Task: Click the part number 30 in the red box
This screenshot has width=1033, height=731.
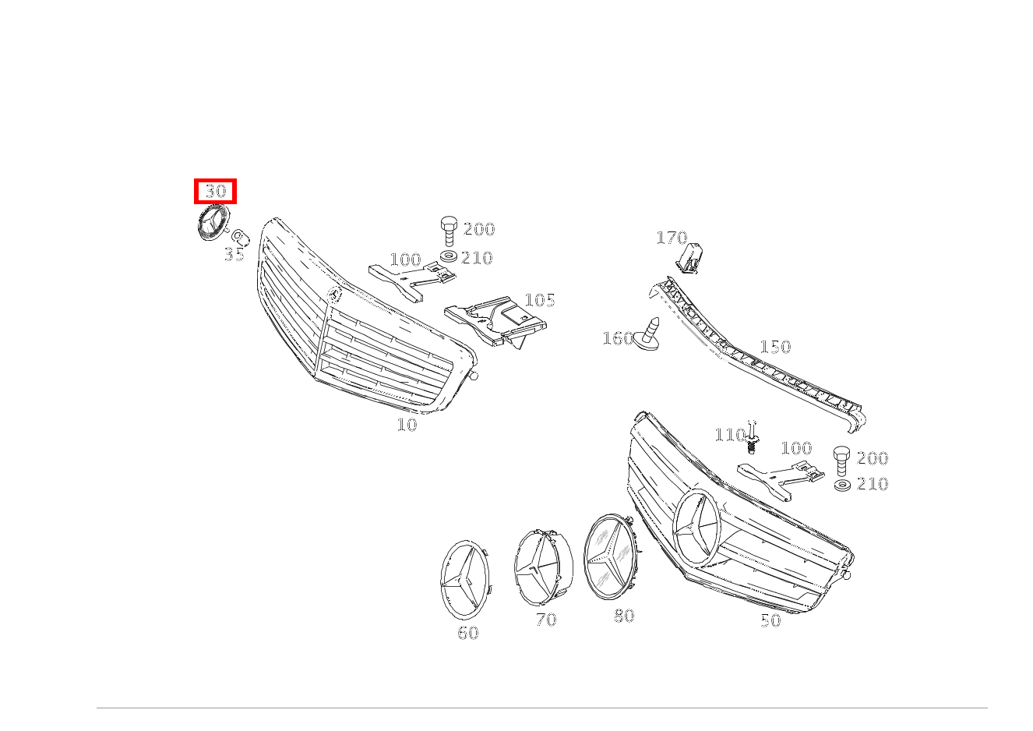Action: click(x=214, y=191)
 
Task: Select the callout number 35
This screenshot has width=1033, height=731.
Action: click(x=234, y=255)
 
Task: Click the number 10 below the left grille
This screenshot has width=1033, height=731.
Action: click(x=407, y=425)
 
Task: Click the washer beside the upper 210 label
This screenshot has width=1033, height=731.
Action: click(x=449, y=256)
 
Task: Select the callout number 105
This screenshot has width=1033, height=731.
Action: click(x=539, y=300)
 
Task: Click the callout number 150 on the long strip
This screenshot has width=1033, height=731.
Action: click(x=775, y=347)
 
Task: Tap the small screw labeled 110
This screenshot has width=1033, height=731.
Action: click(x=752, y=440)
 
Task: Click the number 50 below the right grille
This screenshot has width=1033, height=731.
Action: click(x=770, y=620)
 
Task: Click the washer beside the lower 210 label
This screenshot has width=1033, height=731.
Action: click(x=841, y=485)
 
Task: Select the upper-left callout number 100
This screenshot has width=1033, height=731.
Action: click(x=405, y=260)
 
